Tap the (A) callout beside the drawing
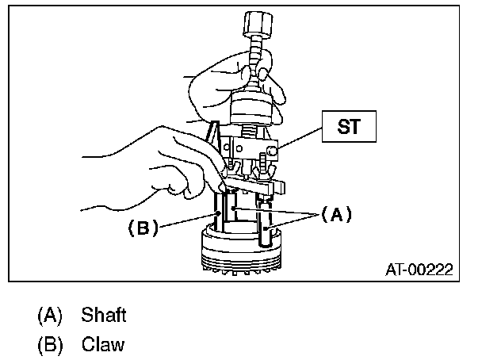coord(334,214)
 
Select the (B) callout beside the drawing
coord(143,228)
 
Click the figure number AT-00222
coord(418,270)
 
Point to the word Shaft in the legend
coord(103,316)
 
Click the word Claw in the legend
coord(102,346)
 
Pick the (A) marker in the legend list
coord(49,316)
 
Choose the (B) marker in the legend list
coord(49,346)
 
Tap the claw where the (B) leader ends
coord(218,214)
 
